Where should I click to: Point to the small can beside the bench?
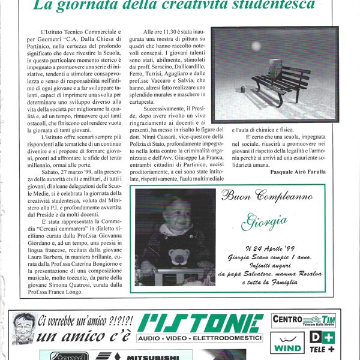point(243,89)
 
